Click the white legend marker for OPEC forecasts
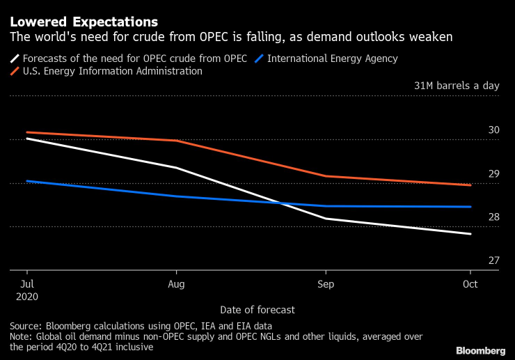pyautogui.click(x=15, y=58)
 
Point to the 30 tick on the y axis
pyautogui.click(x=494, y=130)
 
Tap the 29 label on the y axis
pyautogui.click(x=494, y=173)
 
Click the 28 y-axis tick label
pyautogui.click(x=494, y=217)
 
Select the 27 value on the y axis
pyautogui.click(x=494, y=260)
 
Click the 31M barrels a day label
pyautogui.click(x=457, y=86)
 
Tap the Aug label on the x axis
pyautogui.click(x=177, y=284)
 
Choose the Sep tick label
pyautogui.click(x=326, y=284)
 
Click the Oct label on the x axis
pyautogui.click(x=470, y=284)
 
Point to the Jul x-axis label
pyautogui.click(x=27, y=284)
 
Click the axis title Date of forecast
pyautogui.click(x=257, y=309)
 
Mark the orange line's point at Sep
pyautogui.click(x=326, y=176)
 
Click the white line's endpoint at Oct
pyautogui.click(x=470, y=234)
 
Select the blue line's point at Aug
pyautogui.click(x=177, y=196)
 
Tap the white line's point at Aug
pyautogui.click(x=177, y=168)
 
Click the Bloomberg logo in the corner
pyautogui.click(x=480, y=350)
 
